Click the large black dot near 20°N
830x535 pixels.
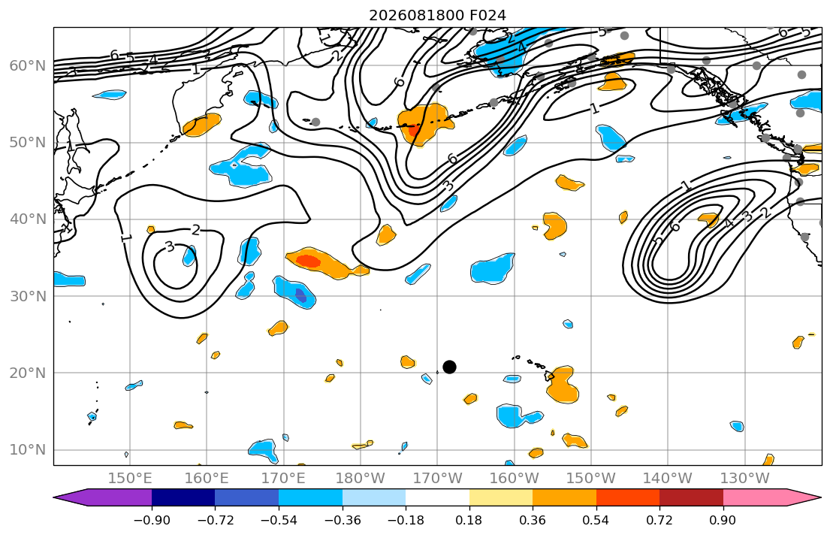(x=449, y=367)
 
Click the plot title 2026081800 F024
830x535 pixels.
(x=437, y=15)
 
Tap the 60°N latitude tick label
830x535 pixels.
(x=28, y=65)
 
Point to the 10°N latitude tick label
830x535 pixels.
(x=28, y=450)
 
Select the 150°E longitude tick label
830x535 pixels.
(x=130, y=479)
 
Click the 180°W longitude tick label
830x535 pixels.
(x=361, y=479)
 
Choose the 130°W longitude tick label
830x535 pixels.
(x=745, y=479)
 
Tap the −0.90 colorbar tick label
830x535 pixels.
(x=152, y=520)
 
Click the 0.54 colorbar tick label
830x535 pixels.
(x=596, y=520)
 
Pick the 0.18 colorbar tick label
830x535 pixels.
(x=469, y=520)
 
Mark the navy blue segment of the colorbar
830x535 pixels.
(x=183, y=497)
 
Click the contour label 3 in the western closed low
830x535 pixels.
(x=170, y=247)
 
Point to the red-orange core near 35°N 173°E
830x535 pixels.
(x=308, y=261)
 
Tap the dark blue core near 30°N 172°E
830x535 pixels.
(x=300, y=295)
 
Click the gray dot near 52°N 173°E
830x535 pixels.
(x=315, y=122)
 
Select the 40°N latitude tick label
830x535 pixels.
(x=28, y=219)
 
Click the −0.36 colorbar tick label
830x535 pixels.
(x=343, y=520)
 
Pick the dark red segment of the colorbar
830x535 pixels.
(x=691, y=497)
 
